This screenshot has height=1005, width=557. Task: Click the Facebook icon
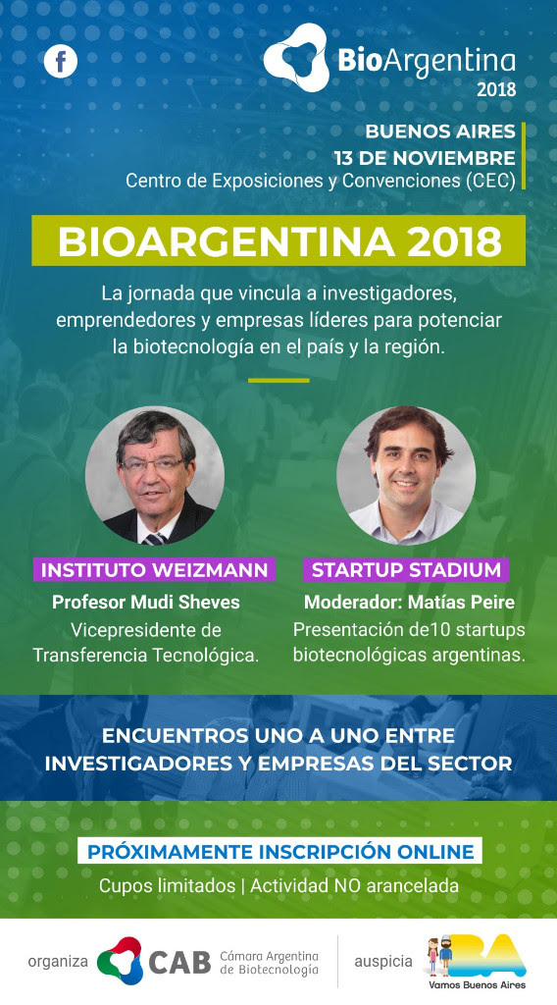point(61,62)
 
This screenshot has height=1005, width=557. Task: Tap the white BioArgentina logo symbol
point(296,57)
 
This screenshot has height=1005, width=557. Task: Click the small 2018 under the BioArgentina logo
point(495,89)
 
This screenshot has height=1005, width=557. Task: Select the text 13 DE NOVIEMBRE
point(425,158)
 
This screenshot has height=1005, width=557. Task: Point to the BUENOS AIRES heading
point(440,132)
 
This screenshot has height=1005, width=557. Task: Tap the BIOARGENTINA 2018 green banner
point(278,240)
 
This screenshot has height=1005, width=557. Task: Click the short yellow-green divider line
point(278,380)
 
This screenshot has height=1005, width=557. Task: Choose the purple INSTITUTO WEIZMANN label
point(154,570)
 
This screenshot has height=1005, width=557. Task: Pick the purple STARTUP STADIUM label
point(406,570)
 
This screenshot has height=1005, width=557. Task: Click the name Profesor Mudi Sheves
point(146,603)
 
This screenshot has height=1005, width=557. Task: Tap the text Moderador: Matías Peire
point(409,603)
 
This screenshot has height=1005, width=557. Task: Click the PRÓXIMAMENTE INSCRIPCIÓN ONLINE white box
point(279,851)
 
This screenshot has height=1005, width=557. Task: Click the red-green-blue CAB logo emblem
point(121,960)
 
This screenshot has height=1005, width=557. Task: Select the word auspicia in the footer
point(383,962)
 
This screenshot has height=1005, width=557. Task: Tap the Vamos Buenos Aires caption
point(477,984)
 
